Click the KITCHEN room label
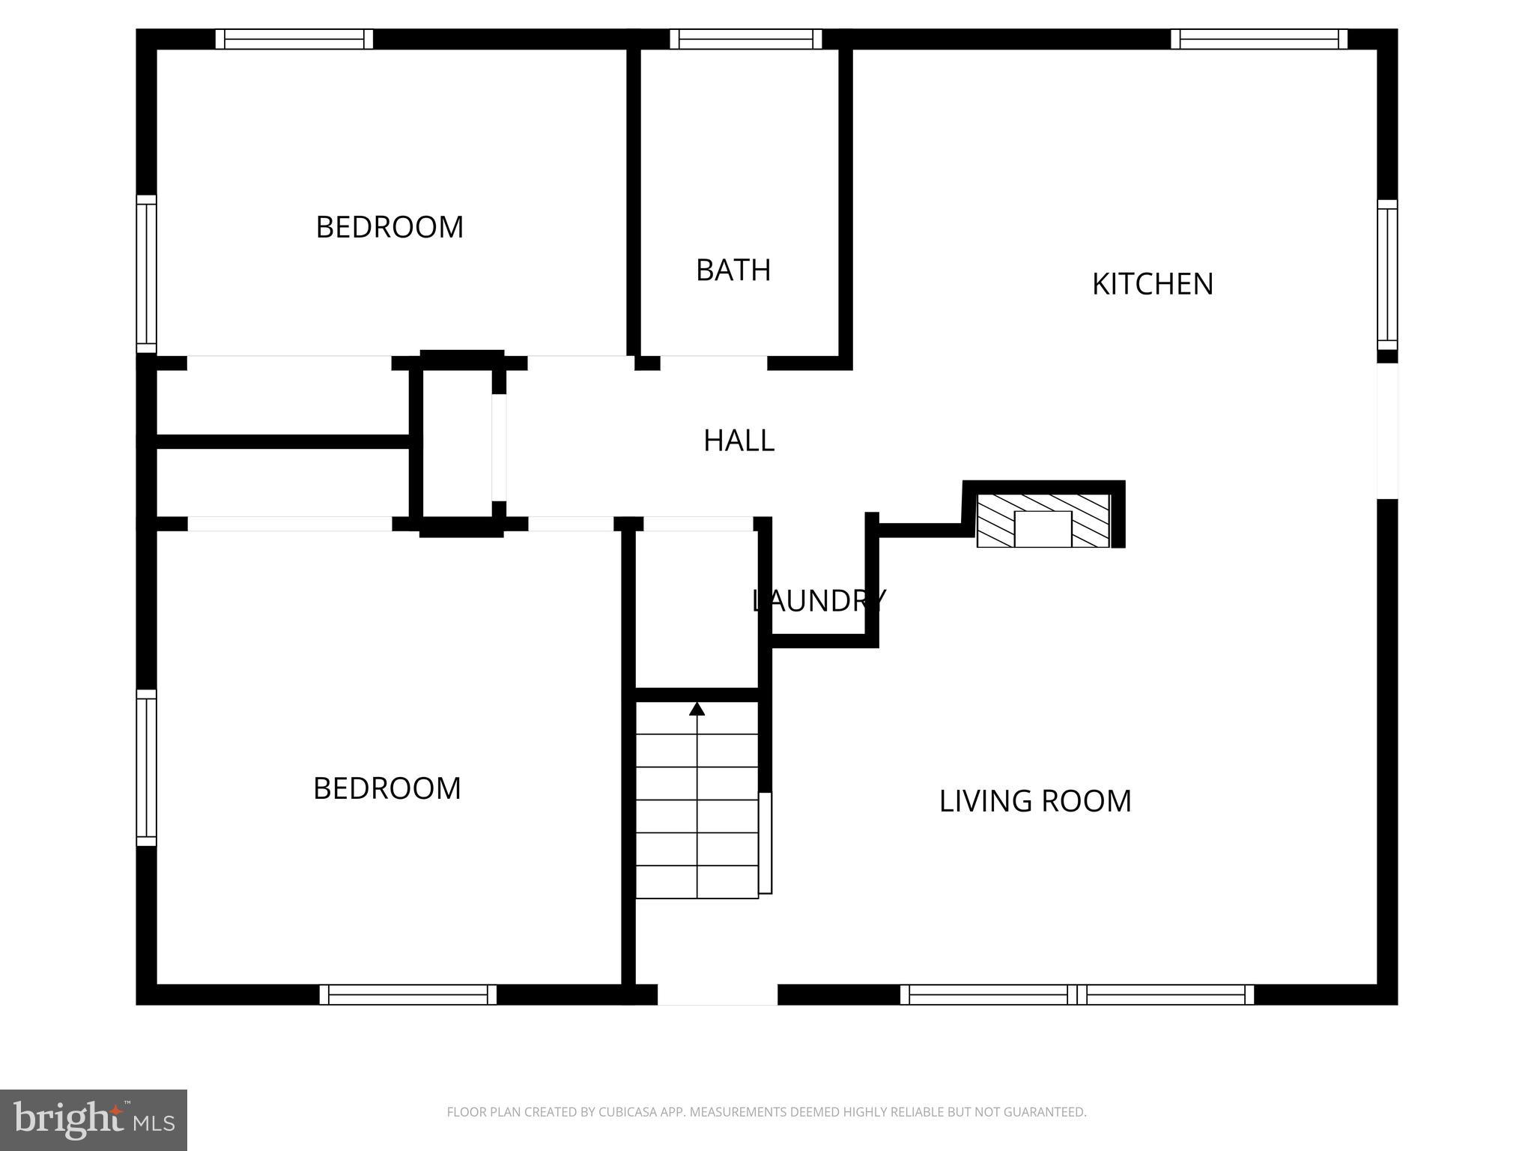click(x=1152, y=284)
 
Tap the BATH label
click(x=733, y=270)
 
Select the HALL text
click(x=739, y=441)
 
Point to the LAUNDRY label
click(x=818, y=600)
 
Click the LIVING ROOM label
click(x=1034, y=801)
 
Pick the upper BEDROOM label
click(x=389, y=227)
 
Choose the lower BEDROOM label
click(x=386, y=788)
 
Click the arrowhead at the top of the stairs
click(x=697, y=709)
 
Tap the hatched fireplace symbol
click(x=1043, y=521)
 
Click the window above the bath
click(x=745, y=39)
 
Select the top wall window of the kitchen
click(x=1258, y=39)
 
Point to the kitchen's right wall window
click(x=1387, y=274)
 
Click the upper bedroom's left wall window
click(x=146, y=274)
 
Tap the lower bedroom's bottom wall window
click(x=408, y=994)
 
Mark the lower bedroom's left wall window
click(x=146, y=767)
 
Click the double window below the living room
click(x=1076, y=994)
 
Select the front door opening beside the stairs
click(x=717, y=994)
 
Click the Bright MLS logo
click(x=93, y=1120)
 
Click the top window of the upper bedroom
click(x=294, y=39)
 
